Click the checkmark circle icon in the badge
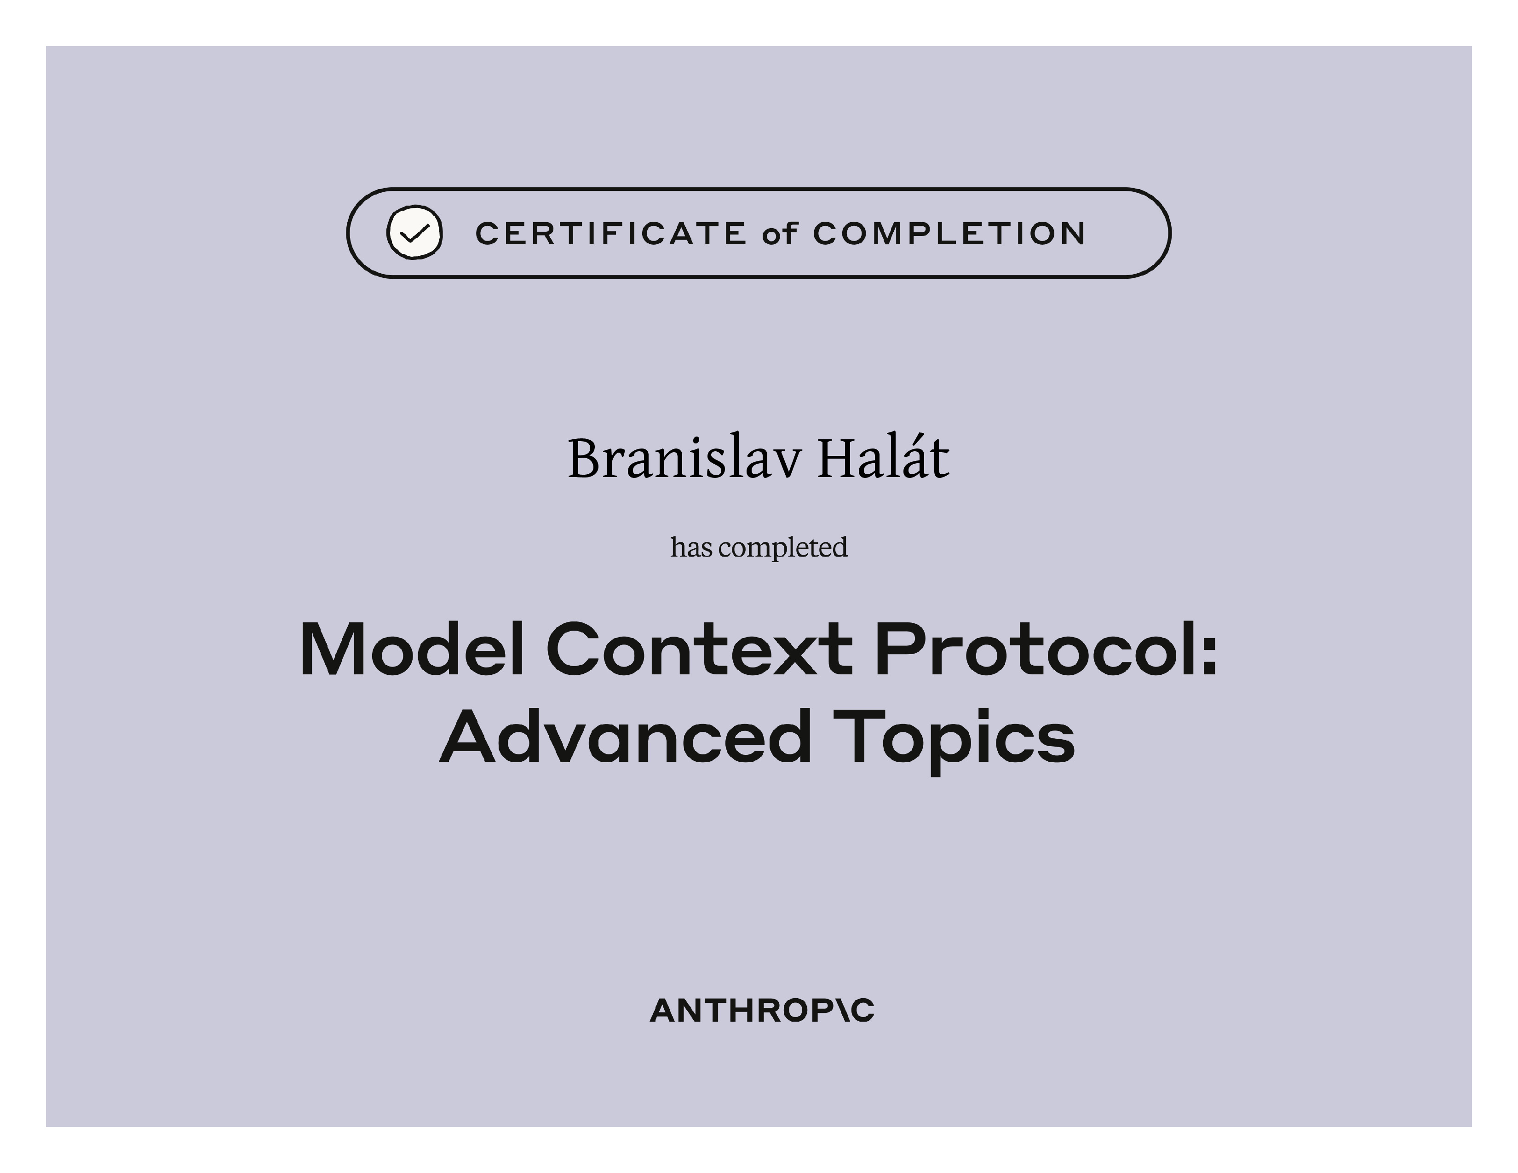(x=414, y=232)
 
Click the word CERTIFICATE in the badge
(x=611, y=234)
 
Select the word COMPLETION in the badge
(x=949, y=234)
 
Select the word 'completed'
(x=783, y=548)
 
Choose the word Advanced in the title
(x=626, y=736)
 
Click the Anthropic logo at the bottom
(x=762, y=1011)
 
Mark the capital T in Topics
(x=859, y=736)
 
